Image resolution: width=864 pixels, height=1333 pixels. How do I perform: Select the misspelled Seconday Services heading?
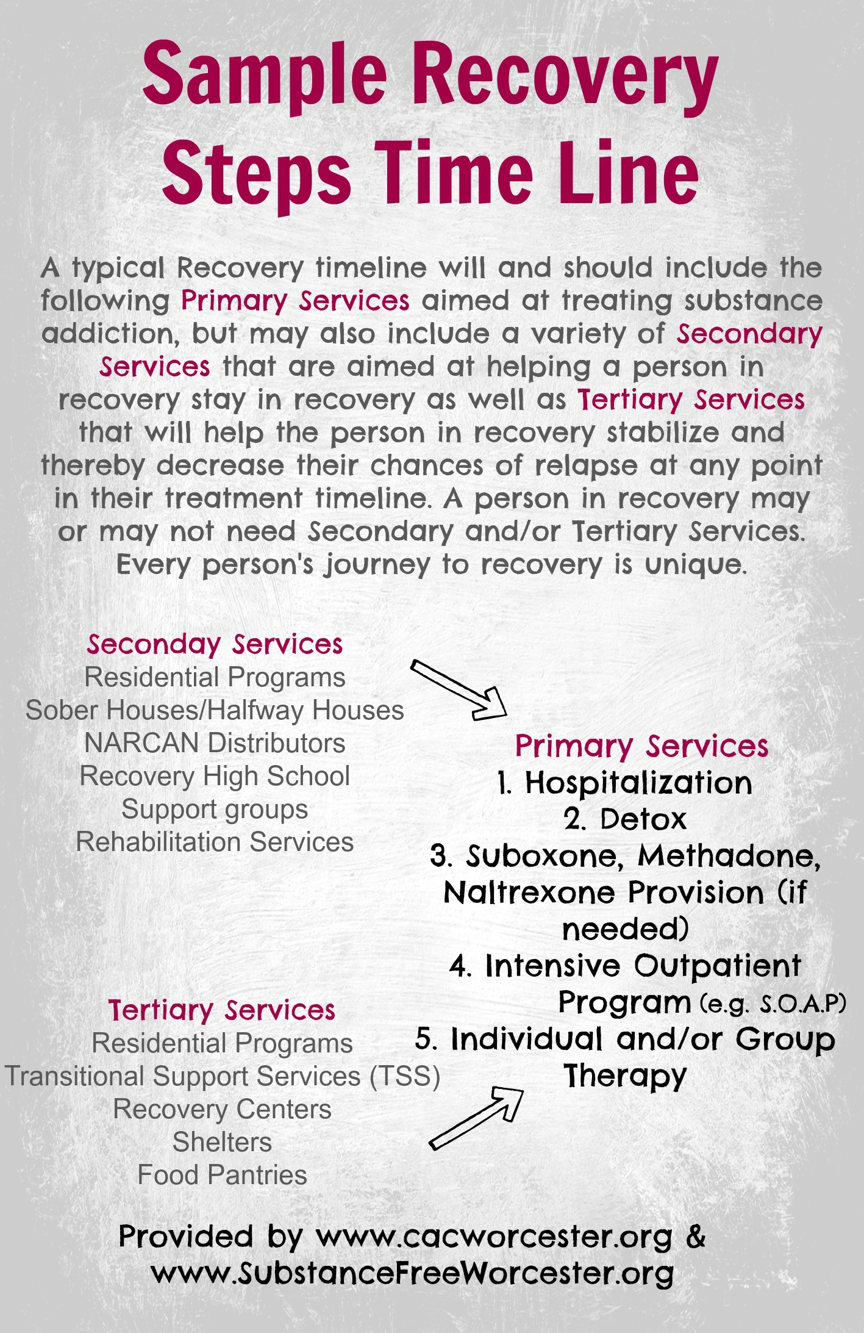pyautogui.click(x=215, y=644)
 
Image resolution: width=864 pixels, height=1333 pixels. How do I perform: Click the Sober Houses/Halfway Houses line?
pyautogui.click(x=215, y=710)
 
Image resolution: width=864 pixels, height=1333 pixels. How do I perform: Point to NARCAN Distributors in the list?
pyautogui.click(x=215, y=743)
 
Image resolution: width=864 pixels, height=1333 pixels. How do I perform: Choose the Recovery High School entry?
pyautogui.click(x=215, y=776)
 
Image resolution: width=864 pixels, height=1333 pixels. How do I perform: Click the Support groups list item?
pyautogui.click(x=215, y=809)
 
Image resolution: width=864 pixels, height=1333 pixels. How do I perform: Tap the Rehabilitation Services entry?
pyautogui.click(x=215, y=842)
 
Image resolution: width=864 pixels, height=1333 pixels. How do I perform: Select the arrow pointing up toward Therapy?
pyautogui.click(x=476, y=1116)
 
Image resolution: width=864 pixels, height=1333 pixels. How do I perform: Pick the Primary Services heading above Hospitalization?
pyautogui.click(x=641, y=746)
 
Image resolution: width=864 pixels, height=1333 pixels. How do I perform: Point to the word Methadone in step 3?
pyautogui.click(x=729, y=856)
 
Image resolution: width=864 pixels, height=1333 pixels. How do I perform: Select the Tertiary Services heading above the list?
pyautogui.click(x=222, y=1010)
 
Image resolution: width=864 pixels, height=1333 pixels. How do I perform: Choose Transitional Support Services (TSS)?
pyautogui.click(x=222, y=1076)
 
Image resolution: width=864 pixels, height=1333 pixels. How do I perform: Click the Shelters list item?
pyautogui.click(x=222, y=1142)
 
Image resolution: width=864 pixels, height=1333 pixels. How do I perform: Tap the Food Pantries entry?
pyautogui.click(x=222, y=1175)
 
